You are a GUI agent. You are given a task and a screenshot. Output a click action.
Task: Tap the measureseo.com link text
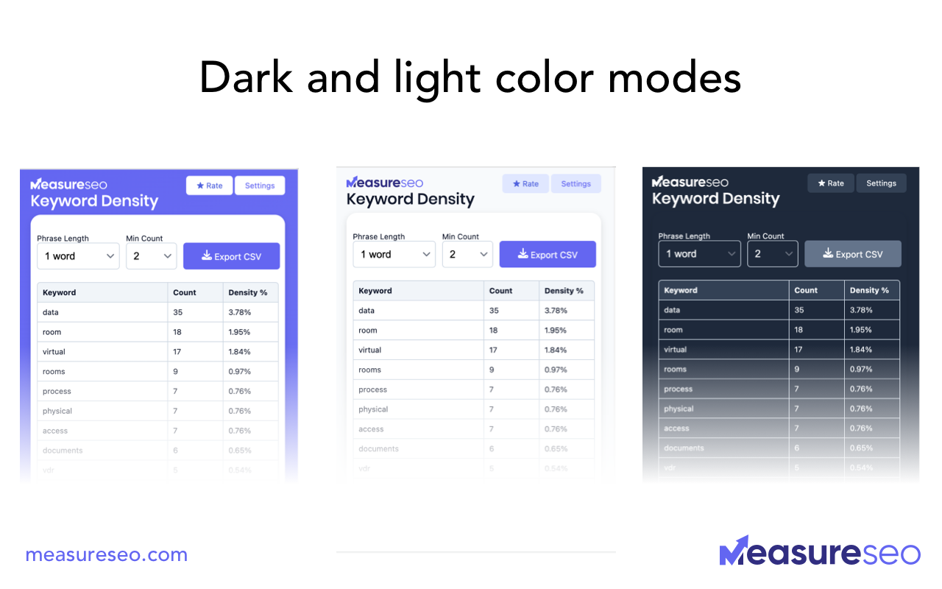pyautogui.click(x=106, y=555)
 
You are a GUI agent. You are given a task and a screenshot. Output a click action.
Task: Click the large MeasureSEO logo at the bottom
pyautogui.click(x=819, y=552)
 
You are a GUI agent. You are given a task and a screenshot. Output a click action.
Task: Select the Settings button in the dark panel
pyautogui.click(x=881, y=183)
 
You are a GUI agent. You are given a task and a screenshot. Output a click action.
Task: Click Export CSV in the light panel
pyautogui.click(x=548, y=255)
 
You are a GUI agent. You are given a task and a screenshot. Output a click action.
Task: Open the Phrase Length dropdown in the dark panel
pyautogui.click(x=699, y=254)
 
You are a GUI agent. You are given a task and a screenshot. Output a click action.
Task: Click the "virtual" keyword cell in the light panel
pyautogui.click(x=370, y=350)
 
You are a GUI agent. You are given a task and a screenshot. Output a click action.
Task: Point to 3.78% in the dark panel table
pyautogui.click(x=861, y=310)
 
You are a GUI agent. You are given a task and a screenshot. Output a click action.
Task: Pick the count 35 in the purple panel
pyautogui.click(x=178, y=312)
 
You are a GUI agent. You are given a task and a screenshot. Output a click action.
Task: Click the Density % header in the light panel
pyautogui.click(x=564, y=291)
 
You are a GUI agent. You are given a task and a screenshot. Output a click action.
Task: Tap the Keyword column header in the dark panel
pyautogui.click(x=681, y=290)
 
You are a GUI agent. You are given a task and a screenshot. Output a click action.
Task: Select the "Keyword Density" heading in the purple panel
pyautogui.click(x=94, y=201)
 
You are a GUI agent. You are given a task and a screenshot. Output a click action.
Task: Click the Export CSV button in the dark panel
pyautogui.click(x=852, y=254)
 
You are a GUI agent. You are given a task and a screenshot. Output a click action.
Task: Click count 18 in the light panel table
pyautogui.click(x=494, y=331)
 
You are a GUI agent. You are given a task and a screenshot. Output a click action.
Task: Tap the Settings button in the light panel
pyautogui.click(x=576, y=184)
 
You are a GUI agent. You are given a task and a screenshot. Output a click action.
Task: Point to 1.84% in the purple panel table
pyautogui.click(x=240, y=352)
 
